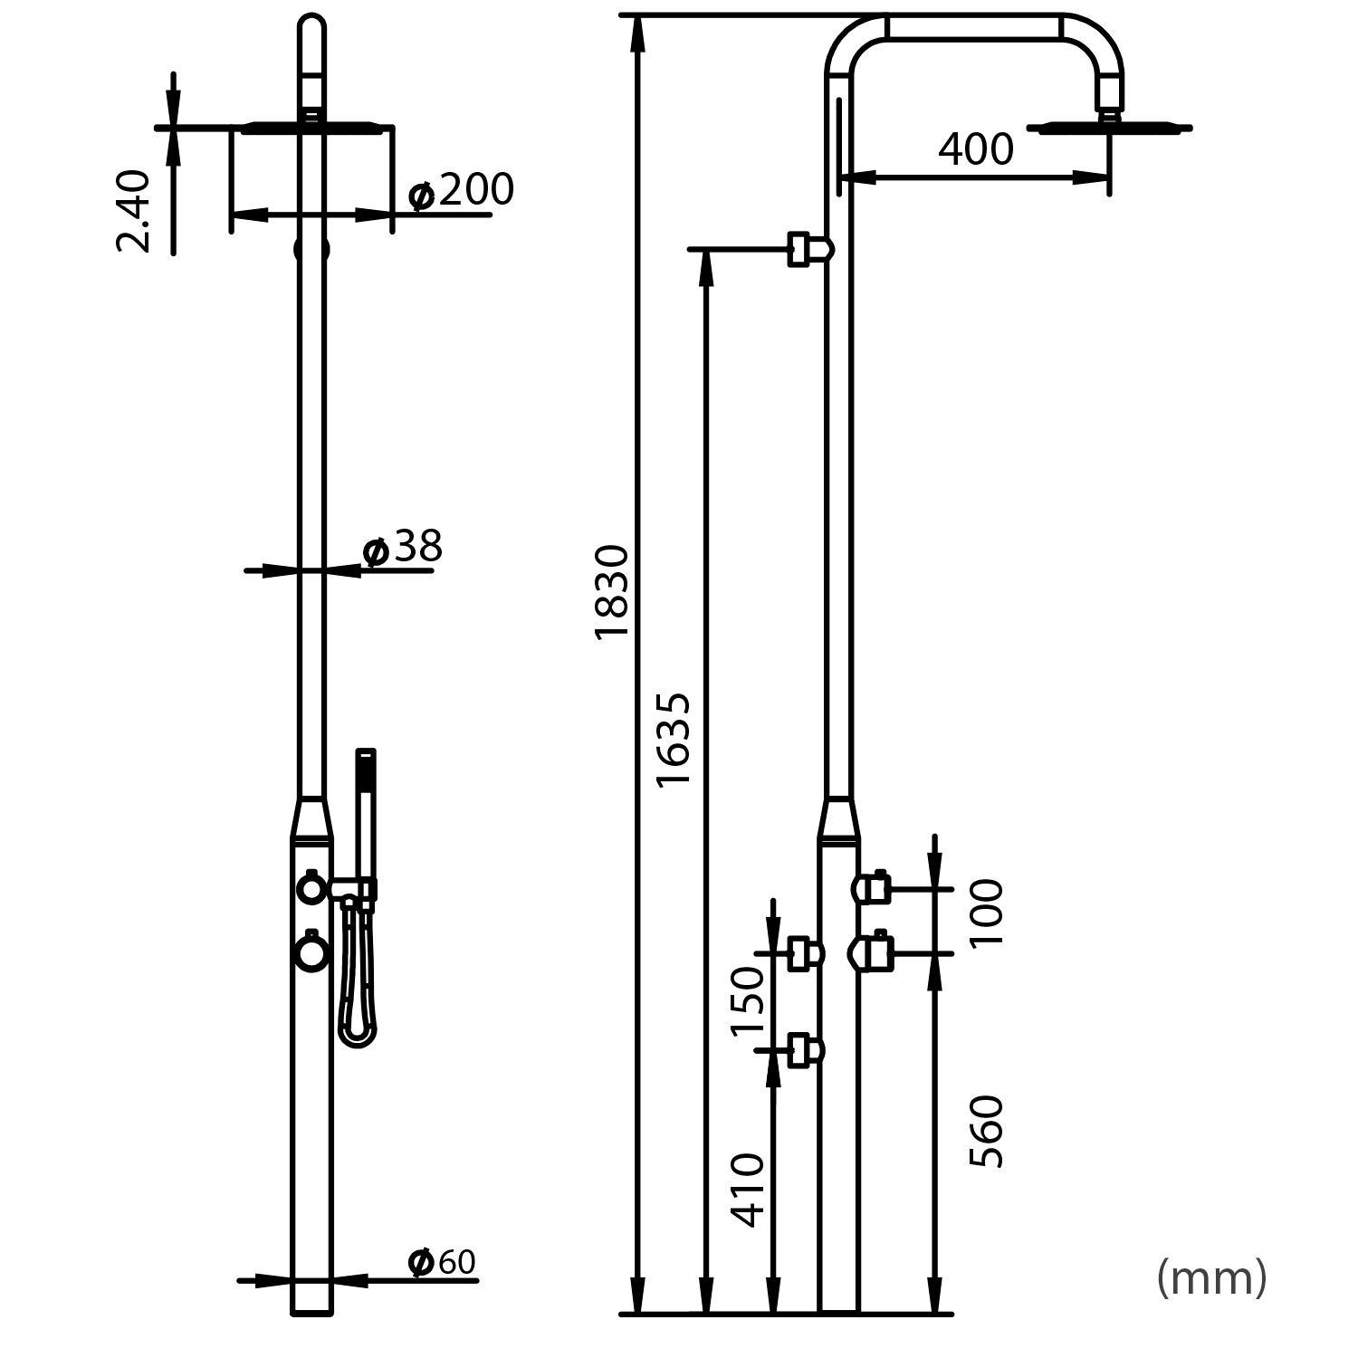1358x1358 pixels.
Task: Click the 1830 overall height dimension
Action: click(612, 592)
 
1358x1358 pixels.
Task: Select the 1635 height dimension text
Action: click(674, 740)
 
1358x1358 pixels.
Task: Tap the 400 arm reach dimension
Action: click(975, 150)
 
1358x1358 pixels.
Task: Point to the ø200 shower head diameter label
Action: click(461, 191)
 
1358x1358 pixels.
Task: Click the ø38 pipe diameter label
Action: click(403, 548)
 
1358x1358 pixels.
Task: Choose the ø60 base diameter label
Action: click(442, 1262)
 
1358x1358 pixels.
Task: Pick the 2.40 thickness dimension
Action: click(134, 210)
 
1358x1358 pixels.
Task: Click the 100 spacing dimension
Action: click(987, 913)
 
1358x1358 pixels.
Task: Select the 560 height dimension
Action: click(987, 1132)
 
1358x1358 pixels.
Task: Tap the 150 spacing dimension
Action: click(748, 1000)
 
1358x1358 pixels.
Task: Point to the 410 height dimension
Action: click(748, 1190)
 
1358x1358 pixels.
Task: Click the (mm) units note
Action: click(1211, 1278)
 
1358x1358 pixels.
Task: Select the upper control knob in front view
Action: click(311, 889)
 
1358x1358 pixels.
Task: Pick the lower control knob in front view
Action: click(311, 952)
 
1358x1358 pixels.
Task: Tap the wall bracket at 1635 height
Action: click(808, 249)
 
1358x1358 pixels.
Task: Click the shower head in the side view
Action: click(1110, 128)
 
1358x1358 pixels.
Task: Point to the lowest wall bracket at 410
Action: click(805, 1050)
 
